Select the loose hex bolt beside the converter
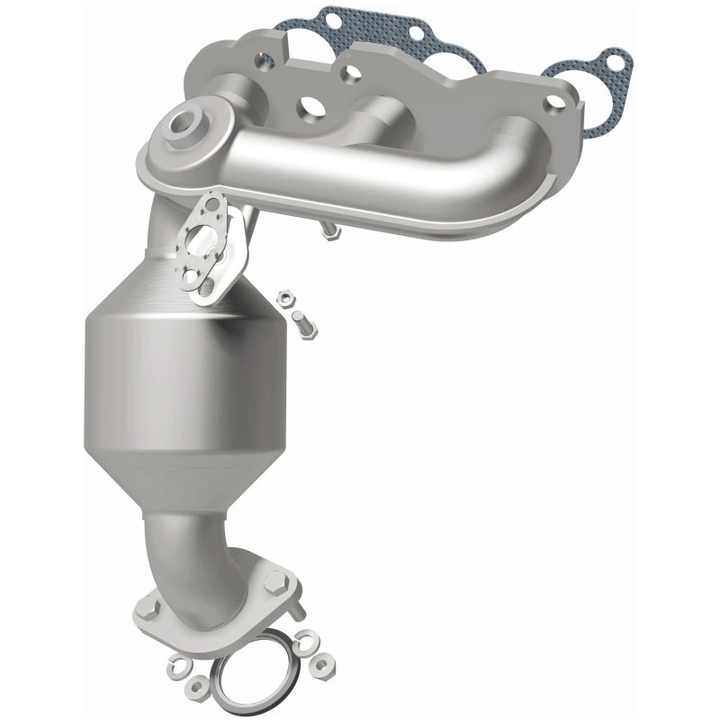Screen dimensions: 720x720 301,325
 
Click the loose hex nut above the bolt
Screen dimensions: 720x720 285,293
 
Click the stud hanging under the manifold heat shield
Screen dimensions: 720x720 330,233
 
